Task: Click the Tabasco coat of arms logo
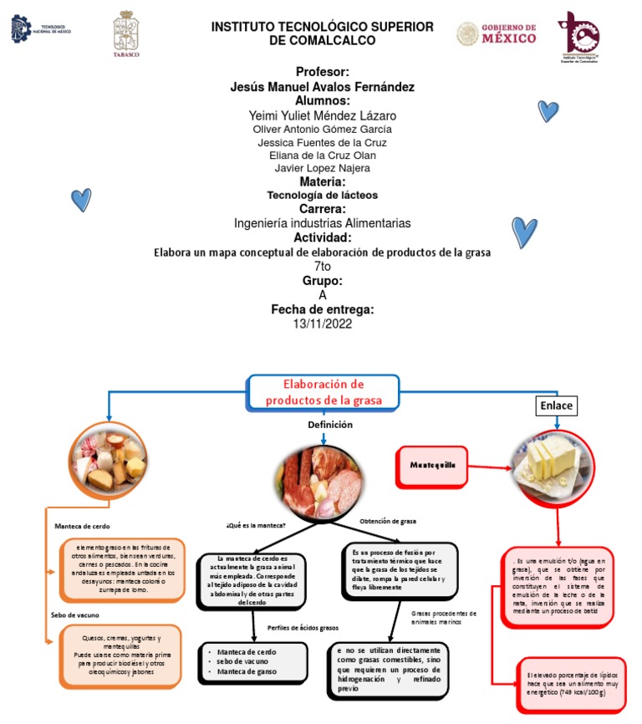(x=126, y=34)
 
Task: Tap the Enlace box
(x=557, y=405)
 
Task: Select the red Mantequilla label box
(x=434, y=465)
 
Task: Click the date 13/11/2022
(x=323, y=324)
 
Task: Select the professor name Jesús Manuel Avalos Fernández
(x=323, y=87)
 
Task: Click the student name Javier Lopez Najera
(x=323, y=168)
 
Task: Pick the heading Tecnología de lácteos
(x=323, y=195)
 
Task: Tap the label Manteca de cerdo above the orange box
(x=82, y=527)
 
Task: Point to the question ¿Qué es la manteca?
(x=256, y=525)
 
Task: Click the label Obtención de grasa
(x=388, y=521)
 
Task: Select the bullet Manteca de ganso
(x=247, y=671)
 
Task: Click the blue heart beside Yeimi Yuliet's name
(x=548, y=110)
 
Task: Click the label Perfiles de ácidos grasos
(x=303, y=627)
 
